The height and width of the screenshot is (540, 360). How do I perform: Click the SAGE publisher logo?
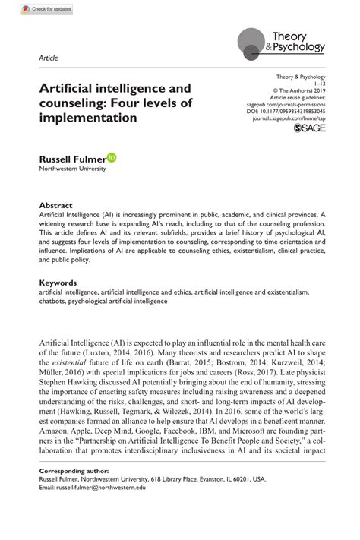[x=309, y=131]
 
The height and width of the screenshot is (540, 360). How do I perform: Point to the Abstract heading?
[x=55, y=205]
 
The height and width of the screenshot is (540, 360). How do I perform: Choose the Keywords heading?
[x=59, y=283]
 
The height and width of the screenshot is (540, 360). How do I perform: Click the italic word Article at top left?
[x=48, y=58]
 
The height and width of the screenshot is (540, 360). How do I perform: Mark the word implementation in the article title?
[x=89, y=118]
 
